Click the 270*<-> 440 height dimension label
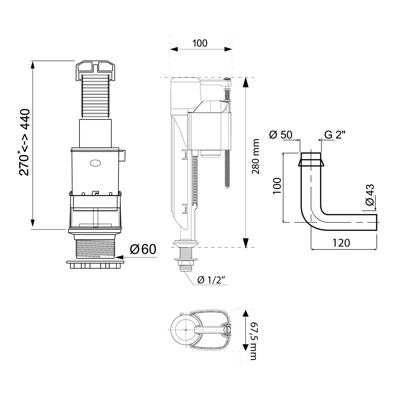click(25, 142)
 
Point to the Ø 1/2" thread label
click(212, 280)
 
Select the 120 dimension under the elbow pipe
click(341, 243)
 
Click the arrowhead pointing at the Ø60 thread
click(118, 257)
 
